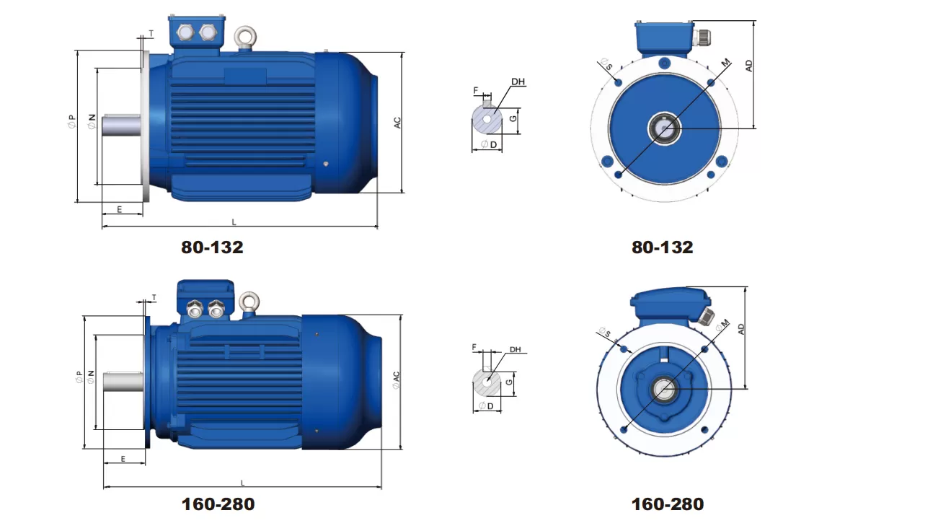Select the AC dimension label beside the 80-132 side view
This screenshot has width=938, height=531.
coord(397,123)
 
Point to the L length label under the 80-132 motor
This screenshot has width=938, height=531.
coord(234,221)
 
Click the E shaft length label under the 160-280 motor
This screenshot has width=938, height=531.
coord(123,459)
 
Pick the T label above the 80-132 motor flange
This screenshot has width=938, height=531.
coord(151,33)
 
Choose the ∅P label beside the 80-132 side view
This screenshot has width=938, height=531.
coord(71,123)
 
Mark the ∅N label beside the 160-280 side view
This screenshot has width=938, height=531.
coord(91,377)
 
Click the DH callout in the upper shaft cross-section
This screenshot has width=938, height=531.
coord(518,82)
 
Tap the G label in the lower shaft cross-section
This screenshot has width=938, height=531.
coord(510,381)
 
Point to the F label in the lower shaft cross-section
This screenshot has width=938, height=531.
coord(474,347)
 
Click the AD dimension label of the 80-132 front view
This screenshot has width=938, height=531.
coord(749,65)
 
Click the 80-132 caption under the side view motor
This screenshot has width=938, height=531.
coord(212,247)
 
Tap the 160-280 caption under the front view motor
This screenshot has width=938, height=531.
coord(667,504)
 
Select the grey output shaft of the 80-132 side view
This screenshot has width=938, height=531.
coord(120,126)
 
